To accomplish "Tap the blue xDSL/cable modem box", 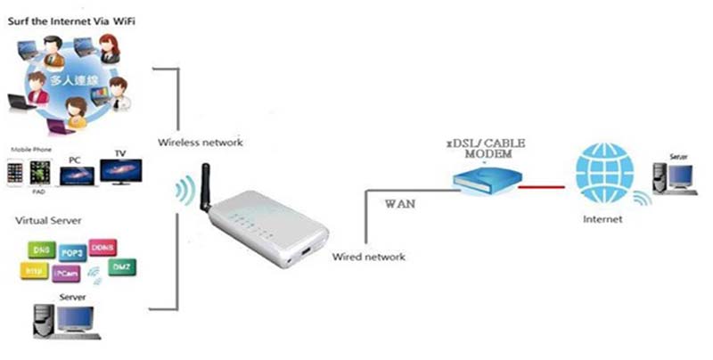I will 482,181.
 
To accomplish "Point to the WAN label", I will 399,204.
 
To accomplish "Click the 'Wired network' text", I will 368,257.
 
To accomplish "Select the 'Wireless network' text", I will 200,143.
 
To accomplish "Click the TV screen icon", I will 120,170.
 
